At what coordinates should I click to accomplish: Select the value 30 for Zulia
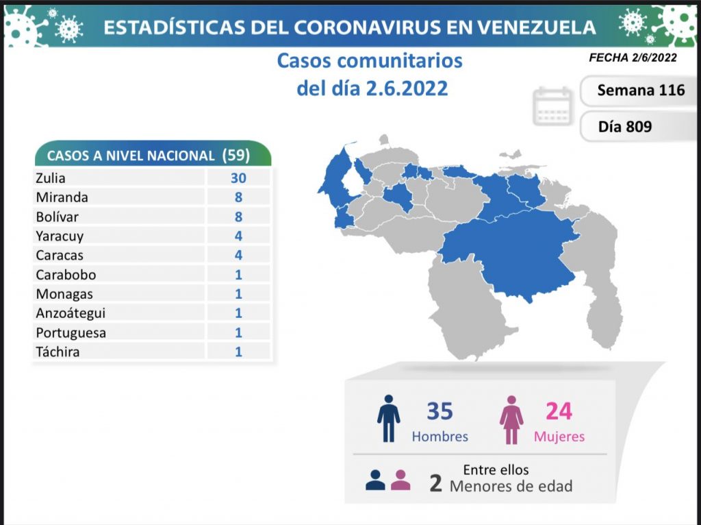tap(238, 178)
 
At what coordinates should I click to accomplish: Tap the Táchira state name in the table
tap(57, 352)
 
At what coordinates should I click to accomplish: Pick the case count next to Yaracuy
tap(238, 236)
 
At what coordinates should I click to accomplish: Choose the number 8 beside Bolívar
tap(238, 217)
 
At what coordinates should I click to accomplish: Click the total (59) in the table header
tap(236, 155)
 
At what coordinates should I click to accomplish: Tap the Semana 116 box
tap(640, 90)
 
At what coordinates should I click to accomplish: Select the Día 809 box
tap(624, 127)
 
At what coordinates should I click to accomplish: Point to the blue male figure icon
tap(388, 418)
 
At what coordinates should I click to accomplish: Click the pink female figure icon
tap(511, 418)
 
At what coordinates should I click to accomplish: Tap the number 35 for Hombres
tap(439, 411)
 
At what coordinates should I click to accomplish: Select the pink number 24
tap(559, 411)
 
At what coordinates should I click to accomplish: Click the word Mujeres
tap(559, 437)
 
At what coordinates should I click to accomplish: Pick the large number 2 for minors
tap(435, 483)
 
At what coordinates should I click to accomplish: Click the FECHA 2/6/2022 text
tap(633, 58)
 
